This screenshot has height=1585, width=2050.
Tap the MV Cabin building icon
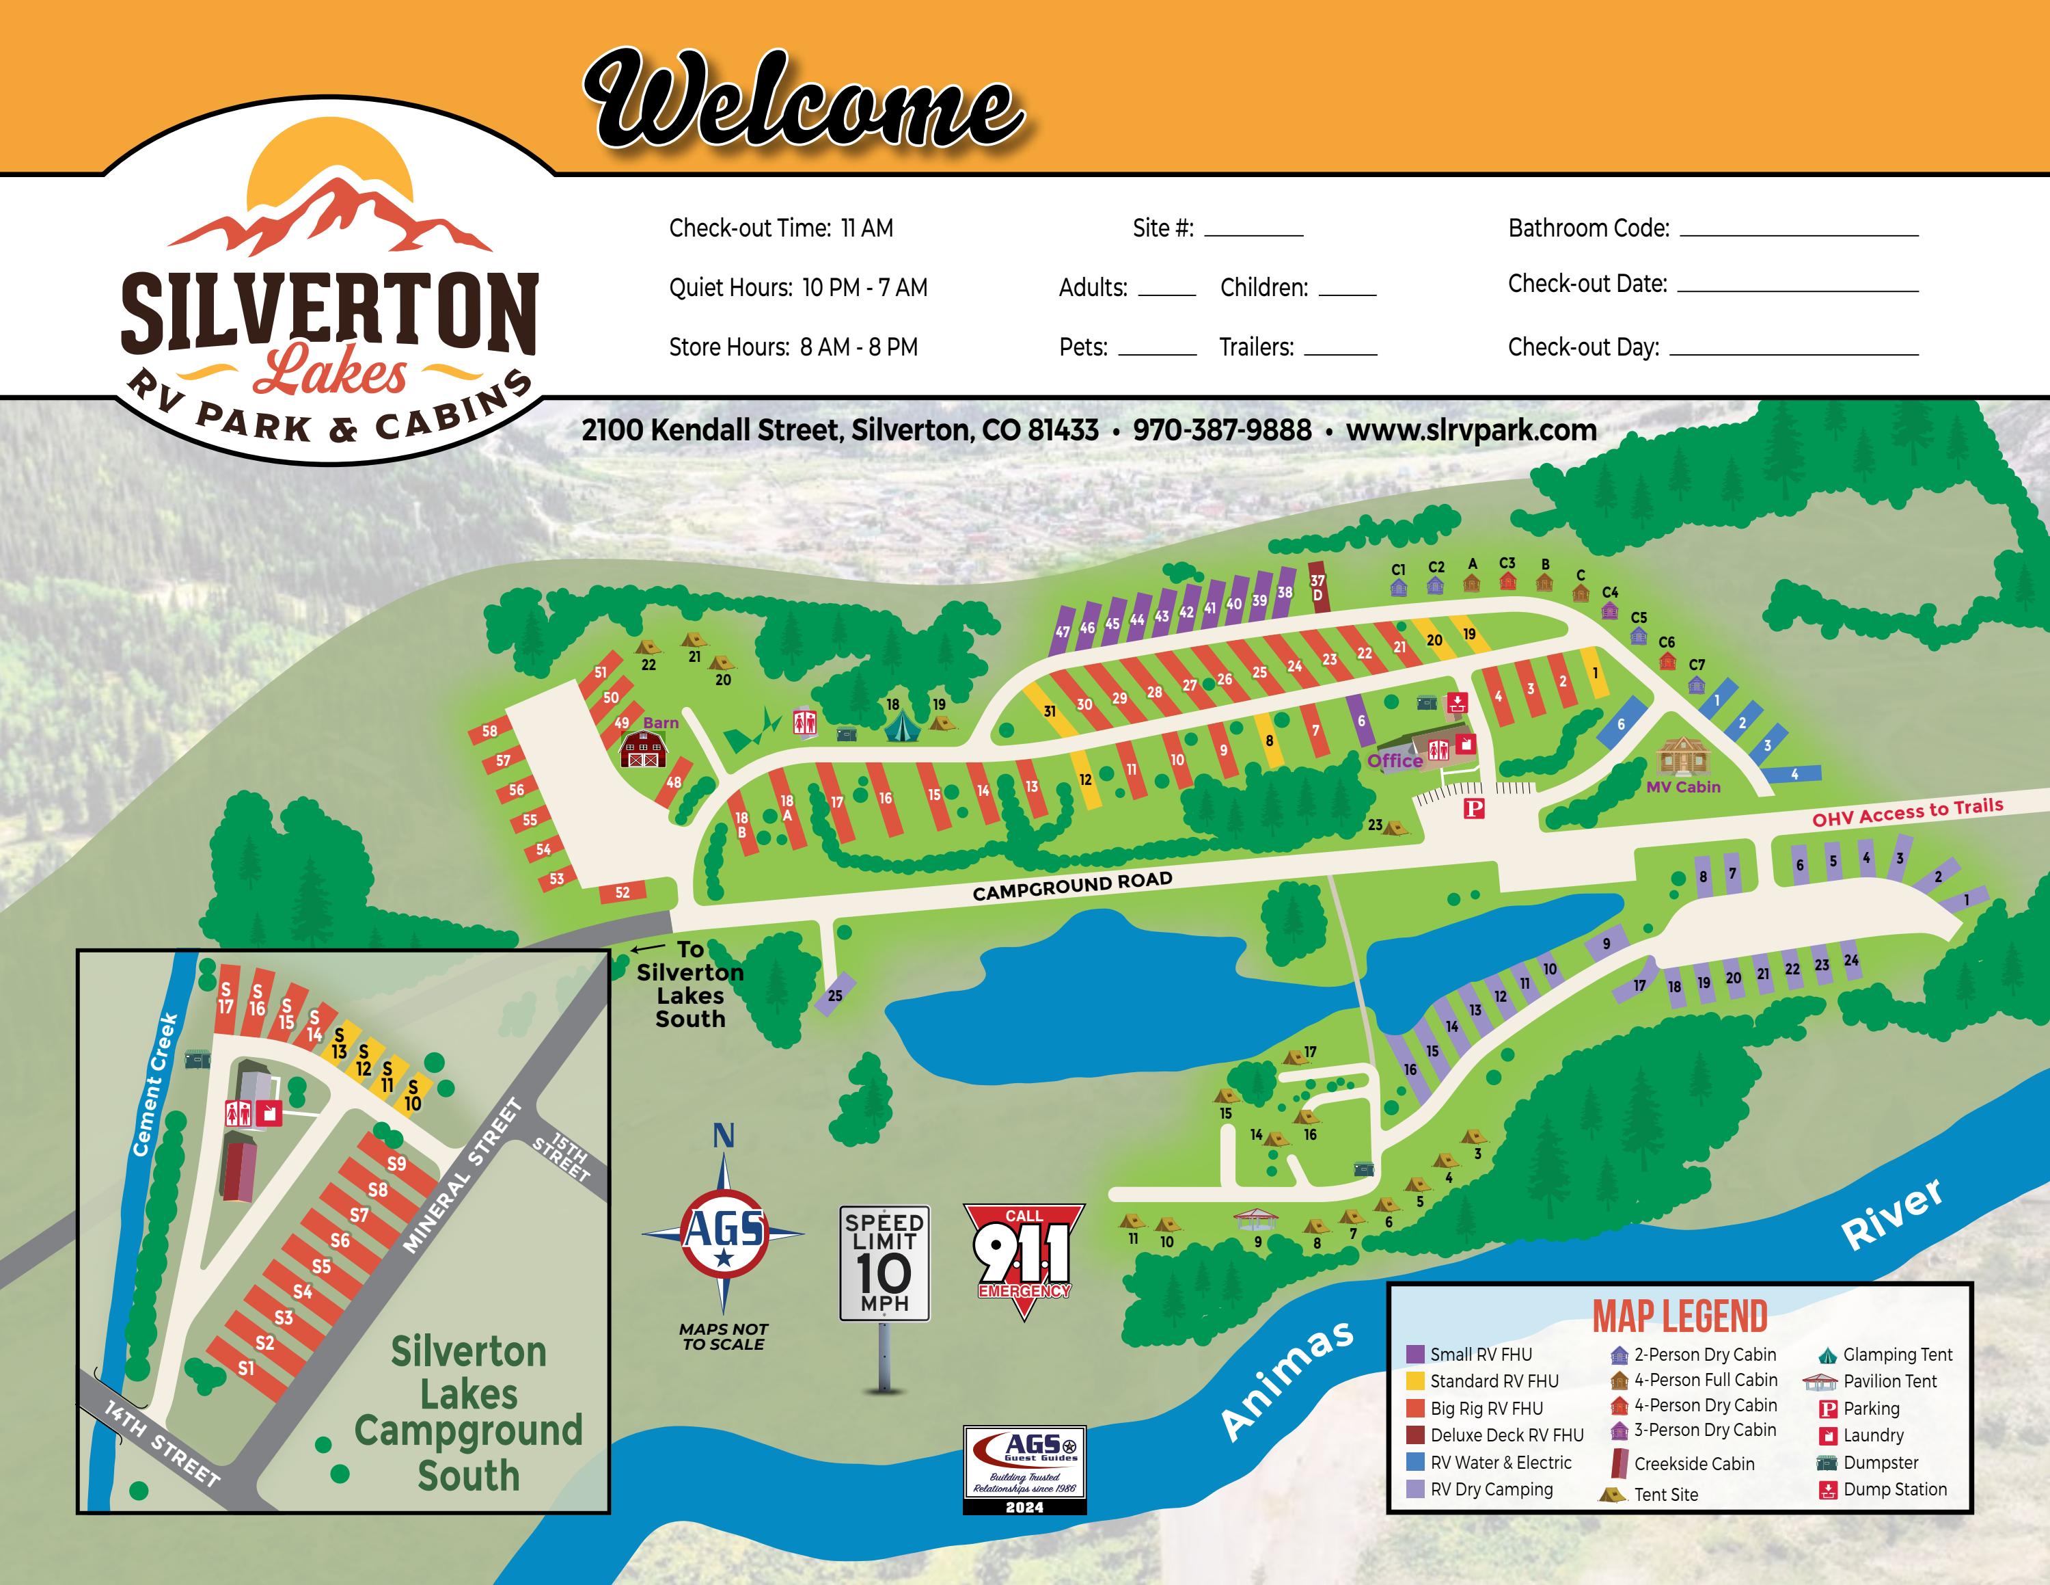(x=1683, y=756)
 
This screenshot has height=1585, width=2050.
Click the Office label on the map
(x=1394, y=760)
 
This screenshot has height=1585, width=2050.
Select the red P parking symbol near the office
(x=1475, y=808)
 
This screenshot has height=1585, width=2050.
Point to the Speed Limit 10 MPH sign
(x=884, y=1263)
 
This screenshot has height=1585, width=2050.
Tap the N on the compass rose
(x=723, y=1136)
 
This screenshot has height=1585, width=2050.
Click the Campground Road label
(x=1072, y=885)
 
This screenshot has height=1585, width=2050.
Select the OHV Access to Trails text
(x=1907, y=812)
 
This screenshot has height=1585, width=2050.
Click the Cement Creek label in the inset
(x=155, y=1084)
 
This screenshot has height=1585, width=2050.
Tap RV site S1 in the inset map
(x=246, y=1368)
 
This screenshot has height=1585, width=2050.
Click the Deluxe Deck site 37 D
(x=1318, y=588)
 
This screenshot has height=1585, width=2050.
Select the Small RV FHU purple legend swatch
(x=1415, y=1355)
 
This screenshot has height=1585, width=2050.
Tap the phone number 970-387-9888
(x=1221, y=430)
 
